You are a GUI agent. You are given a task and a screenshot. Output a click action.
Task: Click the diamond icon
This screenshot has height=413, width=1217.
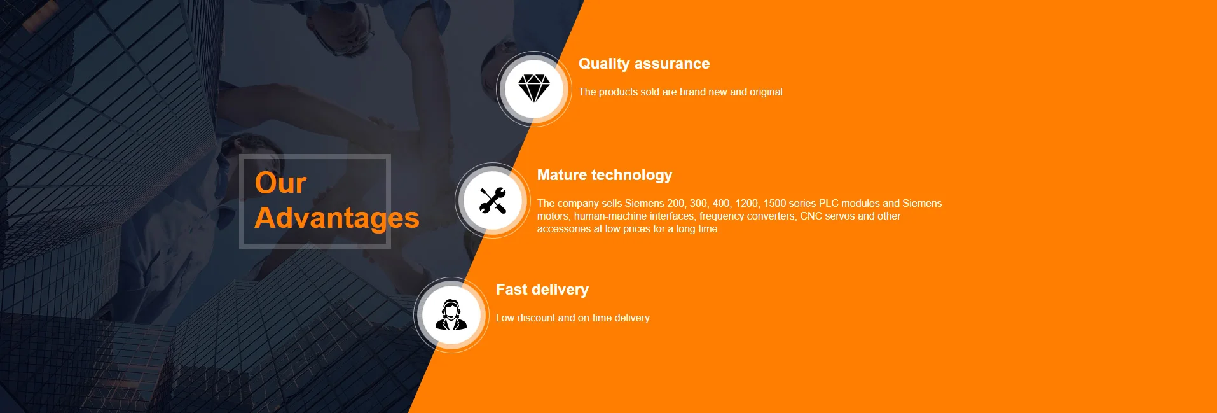[534, 88]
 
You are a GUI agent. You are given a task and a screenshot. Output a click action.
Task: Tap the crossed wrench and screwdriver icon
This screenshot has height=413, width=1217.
[493, 200]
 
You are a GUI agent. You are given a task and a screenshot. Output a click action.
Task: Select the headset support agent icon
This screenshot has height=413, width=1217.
[451, 314]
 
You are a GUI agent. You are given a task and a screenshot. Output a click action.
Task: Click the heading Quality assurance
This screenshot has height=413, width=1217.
[644, 64]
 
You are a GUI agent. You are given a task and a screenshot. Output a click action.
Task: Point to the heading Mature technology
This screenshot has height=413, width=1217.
[605, 175]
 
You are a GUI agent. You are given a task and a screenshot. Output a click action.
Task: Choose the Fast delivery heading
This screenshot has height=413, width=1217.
[542, 290]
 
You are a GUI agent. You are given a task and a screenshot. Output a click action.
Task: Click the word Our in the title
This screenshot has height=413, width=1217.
[280, 183]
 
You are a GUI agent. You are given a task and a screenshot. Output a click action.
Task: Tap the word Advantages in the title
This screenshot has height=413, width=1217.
[337, 218]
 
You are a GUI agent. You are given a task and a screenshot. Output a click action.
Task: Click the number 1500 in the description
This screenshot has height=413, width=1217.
[774, 203]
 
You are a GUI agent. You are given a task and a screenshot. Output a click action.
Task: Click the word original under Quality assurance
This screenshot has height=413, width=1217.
[766, 92]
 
